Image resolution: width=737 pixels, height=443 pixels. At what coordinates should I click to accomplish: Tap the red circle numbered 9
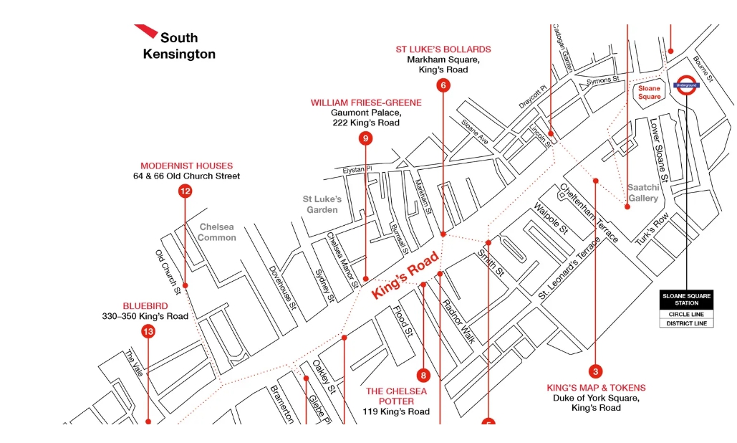pos(365,138)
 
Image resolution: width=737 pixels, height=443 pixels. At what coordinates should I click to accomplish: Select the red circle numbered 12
pos(186,191)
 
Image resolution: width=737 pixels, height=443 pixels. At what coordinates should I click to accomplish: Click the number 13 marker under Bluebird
pos(148,331)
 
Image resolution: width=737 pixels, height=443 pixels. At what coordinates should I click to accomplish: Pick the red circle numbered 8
pos(423,374)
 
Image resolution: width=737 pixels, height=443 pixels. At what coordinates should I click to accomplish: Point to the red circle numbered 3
pos(595,371)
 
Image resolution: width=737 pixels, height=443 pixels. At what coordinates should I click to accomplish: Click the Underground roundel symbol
pos(685,85)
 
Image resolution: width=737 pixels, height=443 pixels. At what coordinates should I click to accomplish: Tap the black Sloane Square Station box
pos(685,299)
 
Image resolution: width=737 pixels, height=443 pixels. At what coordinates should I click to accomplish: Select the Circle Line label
pos(685,314)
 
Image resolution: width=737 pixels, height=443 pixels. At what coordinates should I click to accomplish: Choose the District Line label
pos(685,323)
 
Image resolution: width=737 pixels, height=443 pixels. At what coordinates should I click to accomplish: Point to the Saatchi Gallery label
pos(642,193)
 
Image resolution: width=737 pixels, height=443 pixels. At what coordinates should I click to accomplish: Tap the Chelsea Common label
pos(217,232)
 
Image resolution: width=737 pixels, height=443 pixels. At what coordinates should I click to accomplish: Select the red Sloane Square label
pos(650,92)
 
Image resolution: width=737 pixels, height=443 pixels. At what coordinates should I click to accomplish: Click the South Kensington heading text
pos(179,45)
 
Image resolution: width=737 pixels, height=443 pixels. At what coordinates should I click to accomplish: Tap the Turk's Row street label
pos(652,229)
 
